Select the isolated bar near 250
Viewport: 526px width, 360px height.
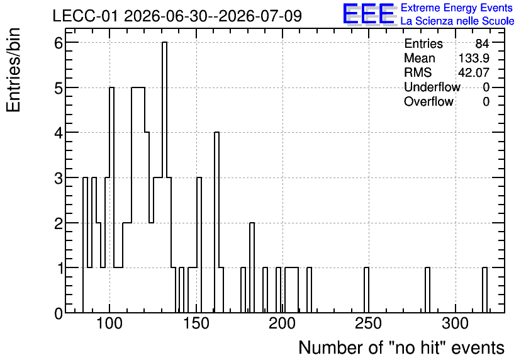[x=366, y=290]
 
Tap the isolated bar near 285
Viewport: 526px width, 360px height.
[x=427, y=290]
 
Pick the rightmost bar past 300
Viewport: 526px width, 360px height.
[x=484, y=290]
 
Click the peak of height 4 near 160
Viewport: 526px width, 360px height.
[x=216, y=222]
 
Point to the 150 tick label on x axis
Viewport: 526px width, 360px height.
[x=196, y=323]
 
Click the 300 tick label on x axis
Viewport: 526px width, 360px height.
[x=456, y=323]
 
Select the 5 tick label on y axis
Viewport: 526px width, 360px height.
[x=59, y=88]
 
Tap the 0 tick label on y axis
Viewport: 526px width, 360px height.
[x=59, y=313]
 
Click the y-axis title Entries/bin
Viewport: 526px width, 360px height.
[x=13, y=70]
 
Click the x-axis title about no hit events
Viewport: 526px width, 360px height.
[x=401, y=347]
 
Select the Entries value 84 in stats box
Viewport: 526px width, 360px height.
[x=482, y=43]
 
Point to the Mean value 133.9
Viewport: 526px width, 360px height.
[x=474, y=58]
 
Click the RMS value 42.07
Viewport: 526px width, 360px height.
[x=474, y=72]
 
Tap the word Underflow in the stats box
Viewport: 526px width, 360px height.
[x=432, y=87]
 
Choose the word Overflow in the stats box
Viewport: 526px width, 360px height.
[x=428, y=101]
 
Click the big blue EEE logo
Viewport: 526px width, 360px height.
[x=369, y=14]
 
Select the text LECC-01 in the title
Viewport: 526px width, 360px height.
[x=85, y=16]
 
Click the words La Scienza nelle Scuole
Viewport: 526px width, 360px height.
[x=457, y=21]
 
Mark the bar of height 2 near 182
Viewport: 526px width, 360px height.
[x=252, y=267]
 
